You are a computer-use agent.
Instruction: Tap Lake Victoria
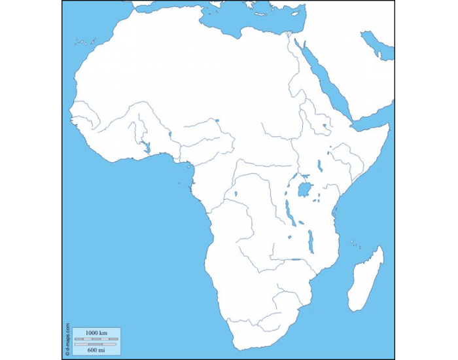[x=304, y=190]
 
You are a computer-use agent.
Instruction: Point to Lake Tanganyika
[x=289, y=212]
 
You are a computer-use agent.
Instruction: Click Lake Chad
[x=217, y=120]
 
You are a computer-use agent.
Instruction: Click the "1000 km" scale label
[x=96, y=333]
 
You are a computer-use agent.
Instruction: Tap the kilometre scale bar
[x=96, y=339]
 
